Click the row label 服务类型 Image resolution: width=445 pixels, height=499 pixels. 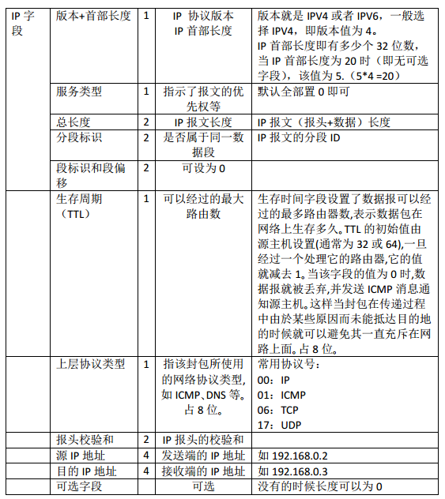pyautogui.click(x=79, y=92)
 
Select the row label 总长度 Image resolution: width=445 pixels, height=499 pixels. pyautogui.click(x=74, y=122)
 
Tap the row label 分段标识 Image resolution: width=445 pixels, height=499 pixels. pyautogui.click(x=79, y=137)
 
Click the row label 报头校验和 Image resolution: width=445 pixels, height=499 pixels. pyautogui.click(x=85, y=440)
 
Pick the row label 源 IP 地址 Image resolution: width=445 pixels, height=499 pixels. pyautogui.click(x=81, y=456)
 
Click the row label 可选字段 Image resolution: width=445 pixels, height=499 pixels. pyautogui.click(x=79, y=486)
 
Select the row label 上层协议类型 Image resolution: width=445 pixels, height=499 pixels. pyautogui.click(x=90, y=364)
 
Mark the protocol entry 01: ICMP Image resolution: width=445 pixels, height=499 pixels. pyautogui.click(x=282, y=395)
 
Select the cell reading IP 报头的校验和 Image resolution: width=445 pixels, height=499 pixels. pyautogui.click(x=203, y=440)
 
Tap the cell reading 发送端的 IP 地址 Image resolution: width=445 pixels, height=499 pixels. pyautogui.click(x=203, y=456)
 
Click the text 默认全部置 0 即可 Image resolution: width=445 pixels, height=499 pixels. pyautogui.click(x=304, y=92)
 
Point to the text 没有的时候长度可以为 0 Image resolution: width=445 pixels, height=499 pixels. pyautogui.click(x=320, y=486)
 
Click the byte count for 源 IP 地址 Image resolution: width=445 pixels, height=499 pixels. pyautogui.click(x=146, y=456)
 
